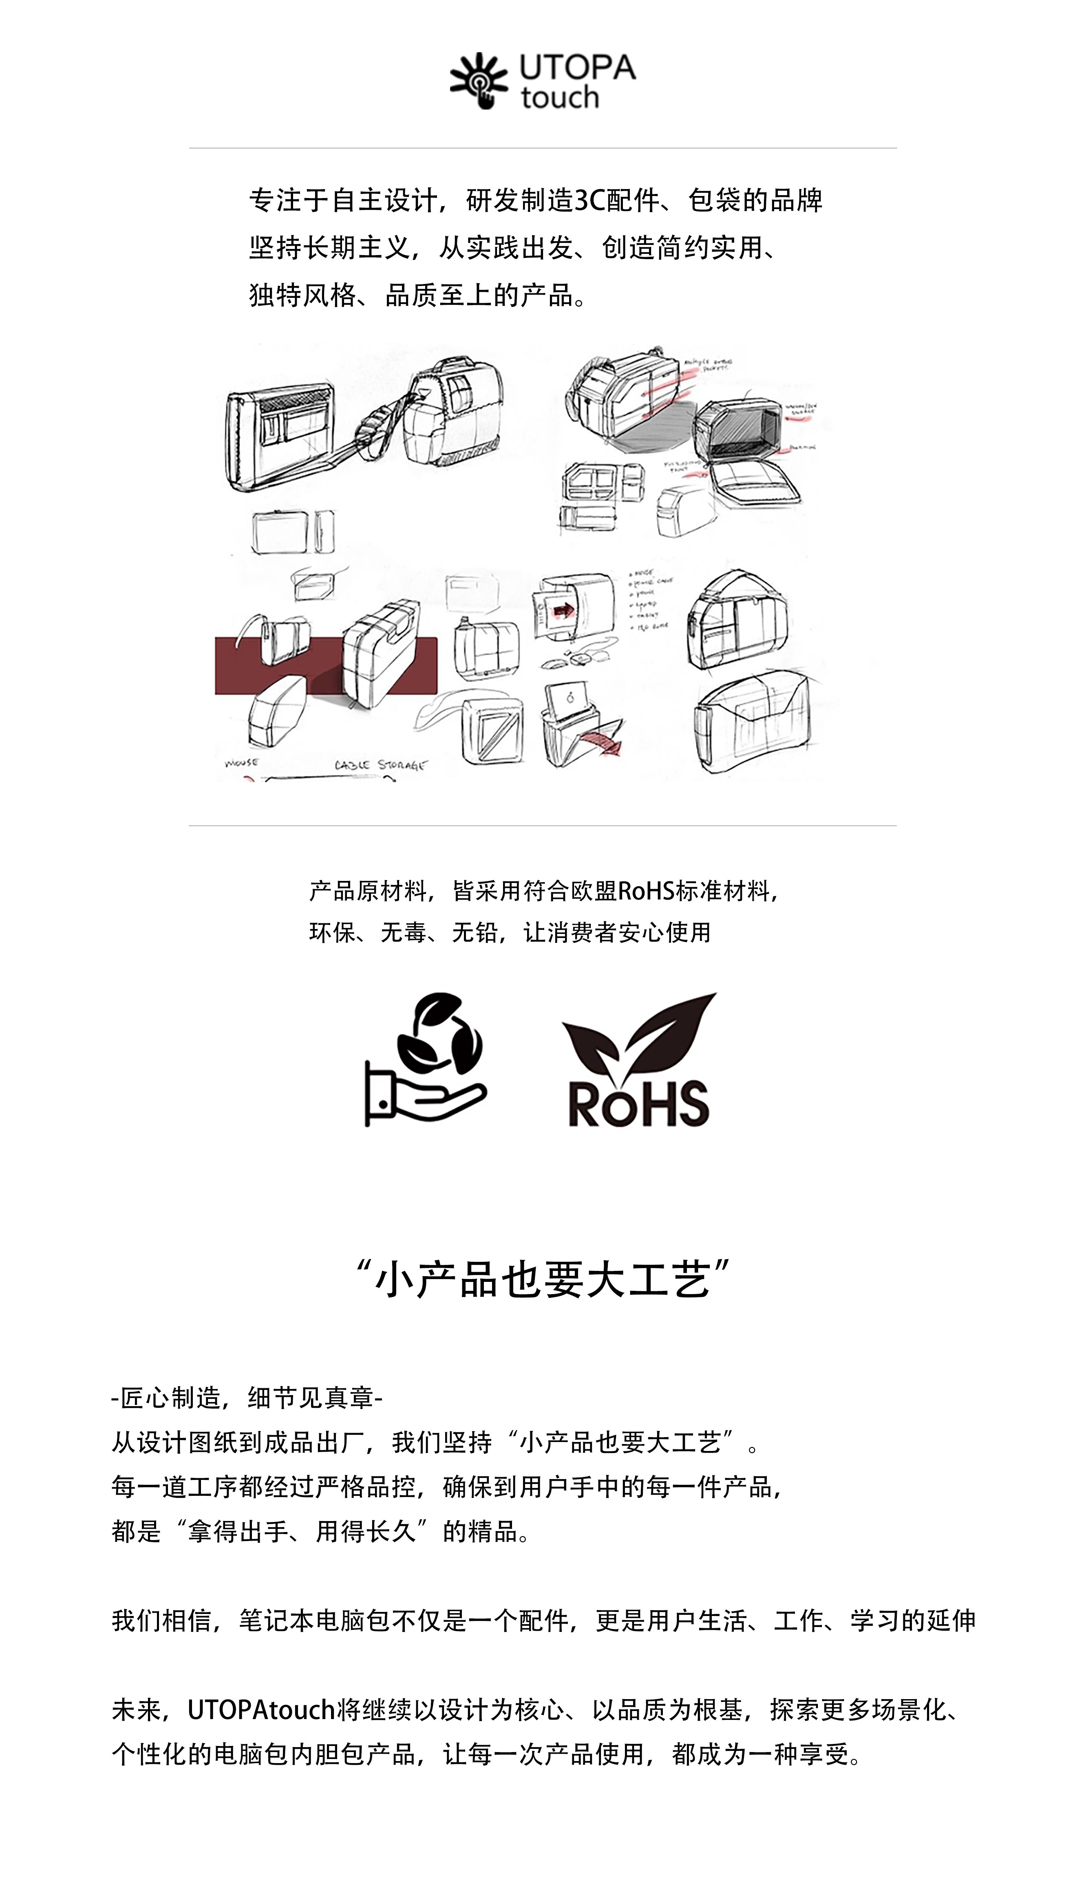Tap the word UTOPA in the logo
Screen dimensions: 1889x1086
[577, 68]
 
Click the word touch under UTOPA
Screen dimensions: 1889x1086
[559, 98]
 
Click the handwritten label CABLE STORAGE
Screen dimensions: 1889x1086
[380, 765]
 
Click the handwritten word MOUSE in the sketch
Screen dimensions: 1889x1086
[241, 763]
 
